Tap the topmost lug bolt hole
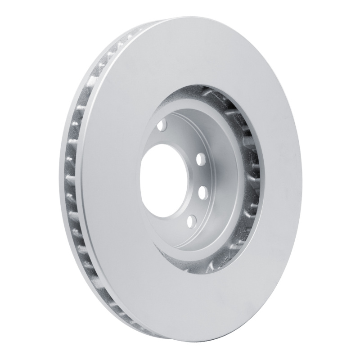pos(163,124)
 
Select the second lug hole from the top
pos(201,158)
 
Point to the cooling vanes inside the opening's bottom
pos(211,265)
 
